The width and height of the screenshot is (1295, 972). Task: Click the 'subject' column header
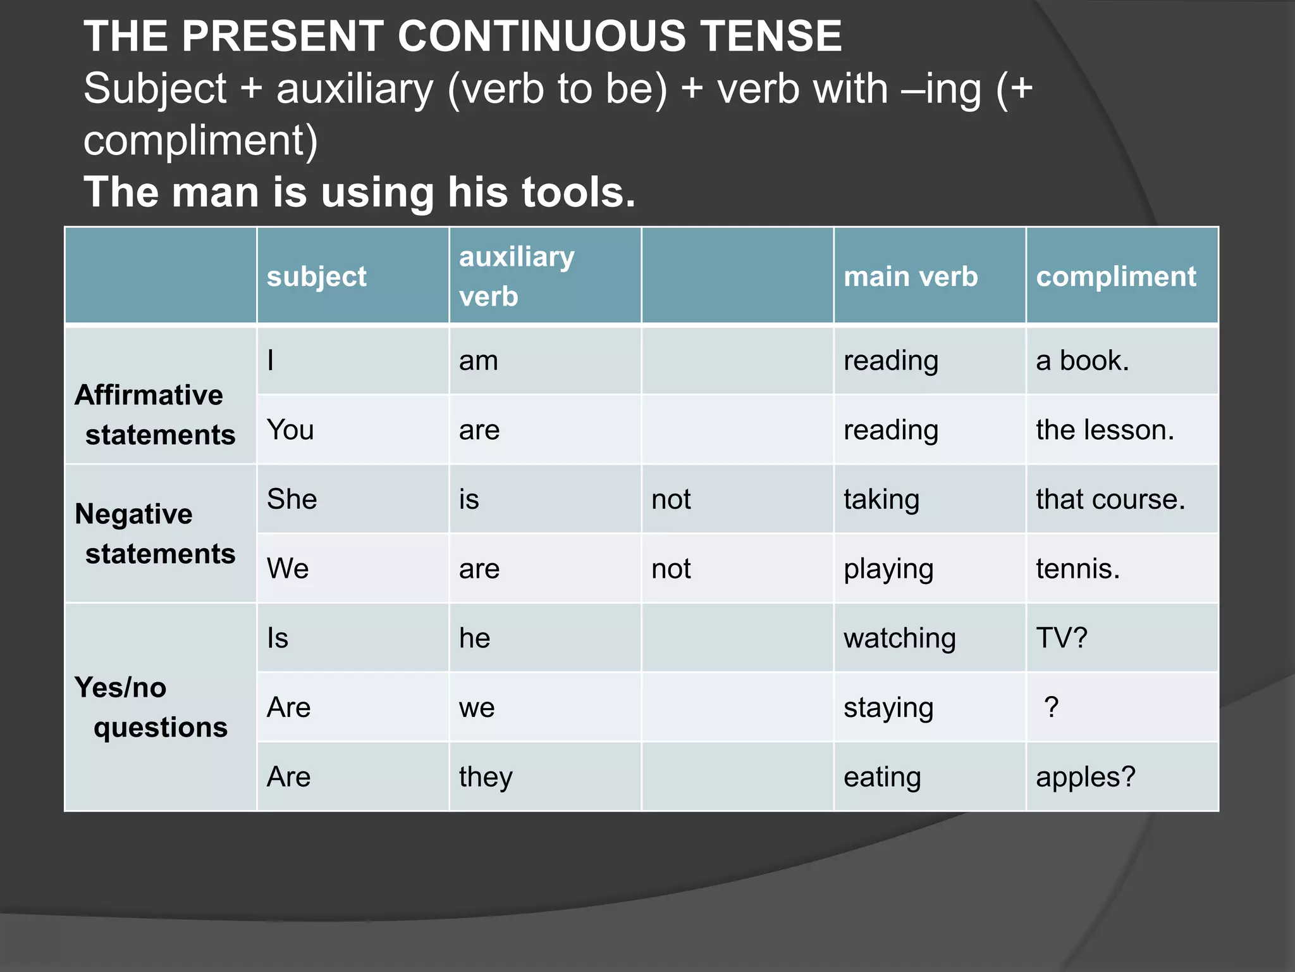pos(317,277)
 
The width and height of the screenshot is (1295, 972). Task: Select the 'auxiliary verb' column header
pos(517,276)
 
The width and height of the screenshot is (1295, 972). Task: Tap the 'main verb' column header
pos(911,277)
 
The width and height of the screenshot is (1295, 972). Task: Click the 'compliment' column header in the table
pos(1116,277)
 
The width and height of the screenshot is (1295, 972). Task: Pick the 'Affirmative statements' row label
pos(155,414)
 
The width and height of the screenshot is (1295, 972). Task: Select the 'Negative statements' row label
pos(155,533)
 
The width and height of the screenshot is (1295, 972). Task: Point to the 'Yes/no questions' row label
pos(151,707)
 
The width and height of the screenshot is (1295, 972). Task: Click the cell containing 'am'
pos(479,361)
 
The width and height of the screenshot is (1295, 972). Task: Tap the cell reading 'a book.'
pos(1082,361)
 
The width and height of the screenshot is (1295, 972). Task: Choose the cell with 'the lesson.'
pos(1105,430)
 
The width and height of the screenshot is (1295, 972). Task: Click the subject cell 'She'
pos(292,499)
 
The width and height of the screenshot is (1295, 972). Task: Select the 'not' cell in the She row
pos(671,499)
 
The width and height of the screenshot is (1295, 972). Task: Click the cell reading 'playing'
pos(888,569)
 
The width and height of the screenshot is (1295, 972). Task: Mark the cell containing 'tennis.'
pos(1077,569)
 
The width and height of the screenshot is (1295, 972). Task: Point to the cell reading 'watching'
pos(899,638)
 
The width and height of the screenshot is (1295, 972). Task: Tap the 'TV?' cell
pos(1062,638)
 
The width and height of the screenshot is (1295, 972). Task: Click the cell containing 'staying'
pos(888,707)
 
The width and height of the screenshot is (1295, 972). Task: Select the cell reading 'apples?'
pos(1086,777)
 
